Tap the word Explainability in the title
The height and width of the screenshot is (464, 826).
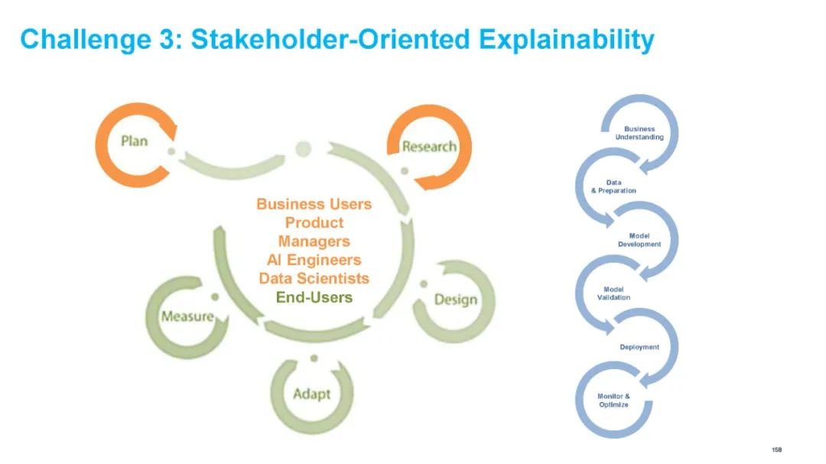tap(566, 39)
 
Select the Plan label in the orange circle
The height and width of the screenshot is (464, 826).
tap(134, 141)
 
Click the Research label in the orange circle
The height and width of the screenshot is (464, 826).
tap(429, 146)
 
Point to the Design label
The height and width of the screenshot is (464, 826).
tap(455, 299)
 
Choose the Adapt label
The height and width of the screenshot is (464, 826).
tap(312, 394)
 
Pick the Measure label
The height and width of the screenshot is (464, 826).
tap(187, 316)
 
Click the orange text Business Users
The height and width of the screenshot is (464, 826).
tap(314, 204)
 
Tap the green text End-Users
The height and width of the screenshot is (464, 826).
tap(314, 297)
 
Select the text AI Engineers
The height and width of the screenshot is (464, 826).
tap(314, 260)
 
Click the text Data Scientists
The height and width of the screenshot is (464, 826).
tap(314, 278)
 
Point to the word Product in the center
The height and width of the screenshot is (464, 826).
tap(314, 222)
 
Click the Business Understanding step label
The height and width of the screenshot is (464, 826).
tap(639, 133)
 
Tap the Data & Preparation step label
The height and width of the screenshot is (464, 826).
tap(613, 187)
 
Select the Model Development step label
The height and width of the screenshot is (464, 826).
tap(639, 240)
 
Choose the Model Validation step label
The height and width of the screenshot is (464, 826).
tap(613, 293)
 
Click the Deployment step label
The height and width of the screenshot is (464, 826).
tap(639, 347)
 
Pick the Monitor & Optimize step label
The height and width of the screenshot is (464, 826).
tap(613, 400)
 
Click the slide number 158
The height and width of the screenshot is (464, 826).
tap(777, 449)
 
